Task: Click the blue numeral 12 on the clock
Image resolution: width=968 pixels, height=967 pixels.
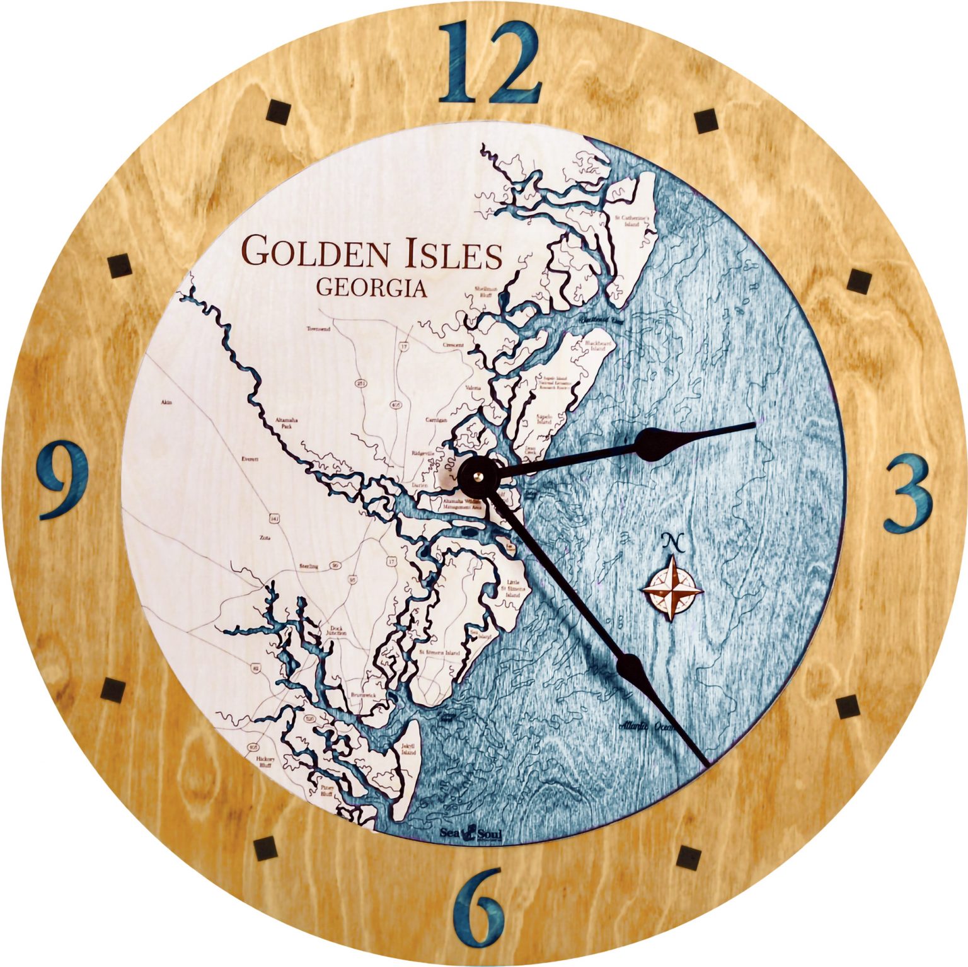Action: pyautogui.click(x=490, y=62)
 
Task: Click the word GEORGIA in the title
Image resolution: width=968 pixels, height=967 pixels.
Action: pyautogui.click(x=371, y=288)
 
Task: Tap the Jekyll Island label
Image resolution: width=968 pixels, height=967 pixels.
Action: pyautogui.click(x=408, y=750)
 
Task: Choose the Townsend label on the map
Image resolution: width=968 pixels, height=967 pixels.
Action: pyautogui.click(x=318, y=329)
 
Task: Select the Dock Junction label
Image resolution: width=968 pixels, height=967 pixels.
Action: pyautogui.click(x=334, y=632)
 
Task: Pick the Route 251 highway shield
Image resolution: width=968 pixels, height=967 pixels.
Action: pyautogui.click(x=360, y=383)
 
